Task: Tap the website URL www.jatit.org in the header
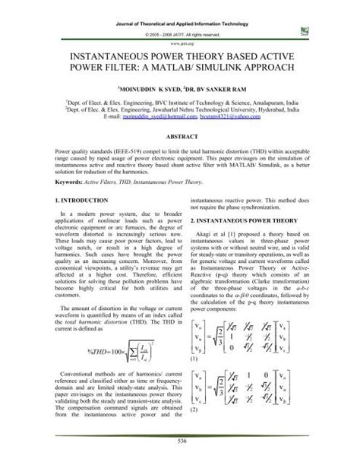[x=179, y=43]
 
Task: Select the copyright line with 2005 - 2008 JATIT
[x=179, y=34]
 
